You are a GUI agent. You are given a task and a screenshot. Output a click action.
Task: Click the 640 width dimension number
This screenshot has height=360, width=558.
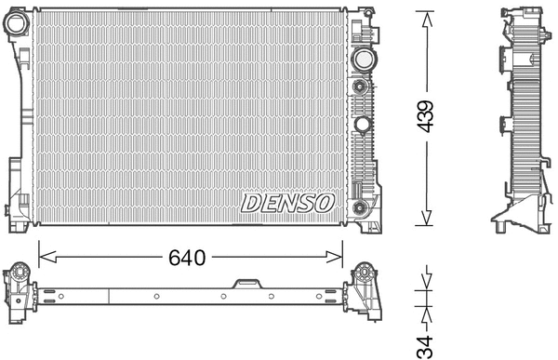click(x=186, y=256)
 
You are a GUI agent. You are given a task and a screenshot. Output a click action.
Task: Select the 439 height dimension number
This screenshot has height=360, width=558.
click(x=425, y=119)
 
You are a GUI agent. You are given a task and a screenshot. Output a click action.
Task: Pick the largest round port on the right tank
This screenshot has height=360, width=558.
click(x=361, y=60)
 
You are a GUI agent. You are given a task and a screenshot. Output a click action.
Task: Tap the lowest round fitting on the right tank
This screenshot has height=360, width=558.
click(x=360, y=207)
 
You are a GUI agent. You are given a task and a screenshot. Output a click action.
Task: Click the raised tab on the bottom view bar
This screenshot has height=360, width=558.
click(x=246, y=283)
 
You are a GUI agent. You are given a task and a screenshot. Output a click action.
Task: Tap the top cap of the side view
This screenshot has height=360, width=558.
click(x=522, y=14)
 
